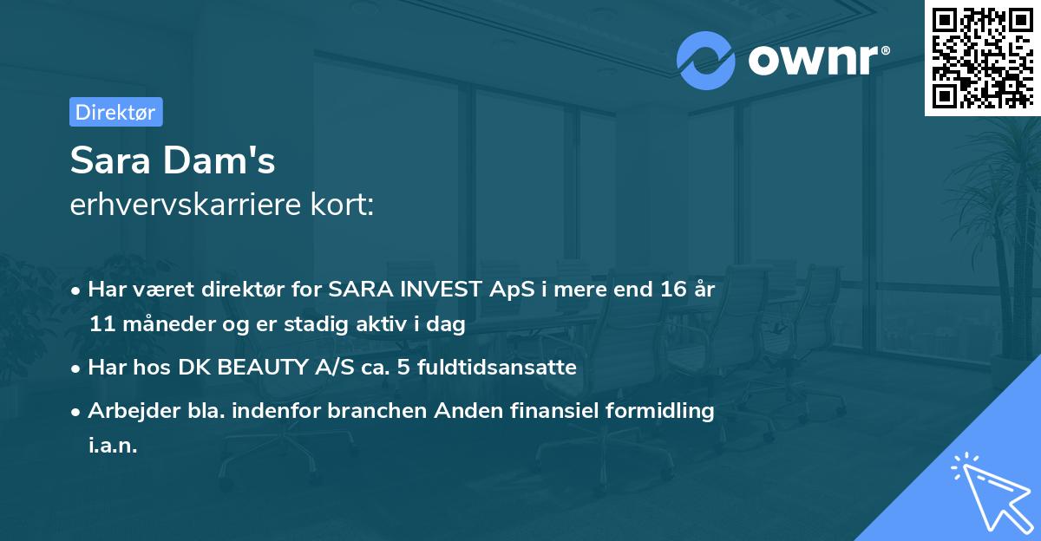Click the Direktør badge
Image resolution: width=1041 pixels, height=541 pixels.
[x=115, y=112]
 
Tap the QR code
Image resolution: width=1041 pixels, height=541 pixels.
[x=981, y=57]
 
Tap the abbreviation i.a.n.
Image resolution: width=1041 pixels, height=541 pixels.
[x=113, y=446]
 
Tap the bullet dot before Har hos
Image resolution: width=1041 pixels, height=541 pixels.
[x=77, y=368]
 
